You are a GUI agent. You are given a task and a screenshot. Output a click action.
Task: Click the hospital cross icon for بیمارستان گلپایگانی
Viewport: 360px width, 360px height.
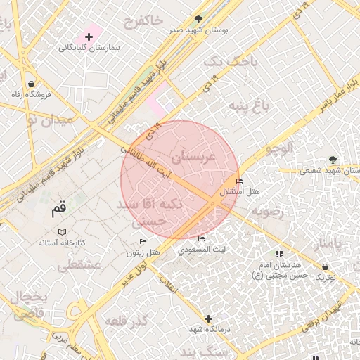click(x=88, y=36)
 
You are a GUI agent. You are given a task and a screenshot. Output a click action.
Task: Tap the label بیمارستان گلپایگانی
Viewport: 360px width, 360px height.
click(x=89, y=48)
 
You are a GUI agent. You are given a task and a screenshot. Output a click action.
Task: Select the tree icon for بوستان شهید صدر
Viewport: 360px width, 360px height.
click(x=200, y=18)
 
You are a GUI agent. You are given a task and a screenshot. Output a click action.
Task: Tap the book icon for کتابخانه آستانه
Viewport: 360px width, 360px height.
click(x=62, y=231)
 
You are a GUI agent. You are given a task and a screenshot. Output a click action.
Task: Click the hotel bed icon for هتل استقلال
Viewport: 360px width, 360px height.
click(x=239, y=181)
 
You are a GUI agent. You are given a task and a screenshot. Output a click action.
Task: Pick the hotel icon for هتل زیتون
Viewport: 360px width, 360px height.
click(x=143, y=242)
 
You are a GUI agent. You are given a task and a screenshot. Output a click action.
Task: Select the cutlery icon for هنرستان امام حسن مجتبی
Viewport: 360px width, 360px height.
click(x=279, y=254)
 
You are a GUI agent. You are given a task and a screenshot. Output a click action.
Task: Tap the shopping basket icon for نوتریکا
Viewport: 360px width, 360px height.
click(x=326, y=266)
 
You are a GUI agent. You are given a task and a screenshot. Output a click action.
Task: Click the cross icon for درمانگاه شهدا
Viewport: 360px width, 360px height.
click(x=209, y=318)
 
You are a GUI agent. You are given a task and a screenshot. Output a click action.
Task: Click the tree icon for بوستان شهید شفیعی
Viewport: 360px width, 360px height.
click(x=333, y=160)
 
